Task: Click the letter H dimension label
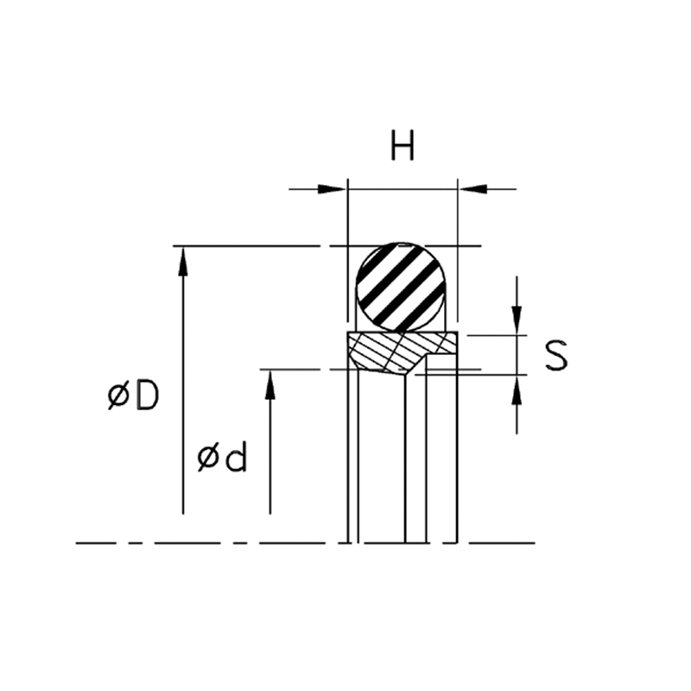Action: tap(403, 145)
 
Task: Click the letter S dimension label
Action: tap(556, 355)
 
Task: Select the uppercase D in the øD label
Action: tap(147, 396)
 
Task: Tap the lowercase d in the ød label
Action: tap(235, 457)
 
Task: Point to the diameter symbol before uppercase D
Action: tap(118, 396)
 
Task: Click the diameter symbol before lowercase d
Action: tap(208, 458)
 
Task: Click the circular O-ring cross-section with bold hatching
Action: tap(401, 287)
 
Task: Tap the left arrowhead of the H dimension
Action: tap(332, 189)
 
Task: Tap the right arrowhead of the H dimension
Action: tap(473, 189)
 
